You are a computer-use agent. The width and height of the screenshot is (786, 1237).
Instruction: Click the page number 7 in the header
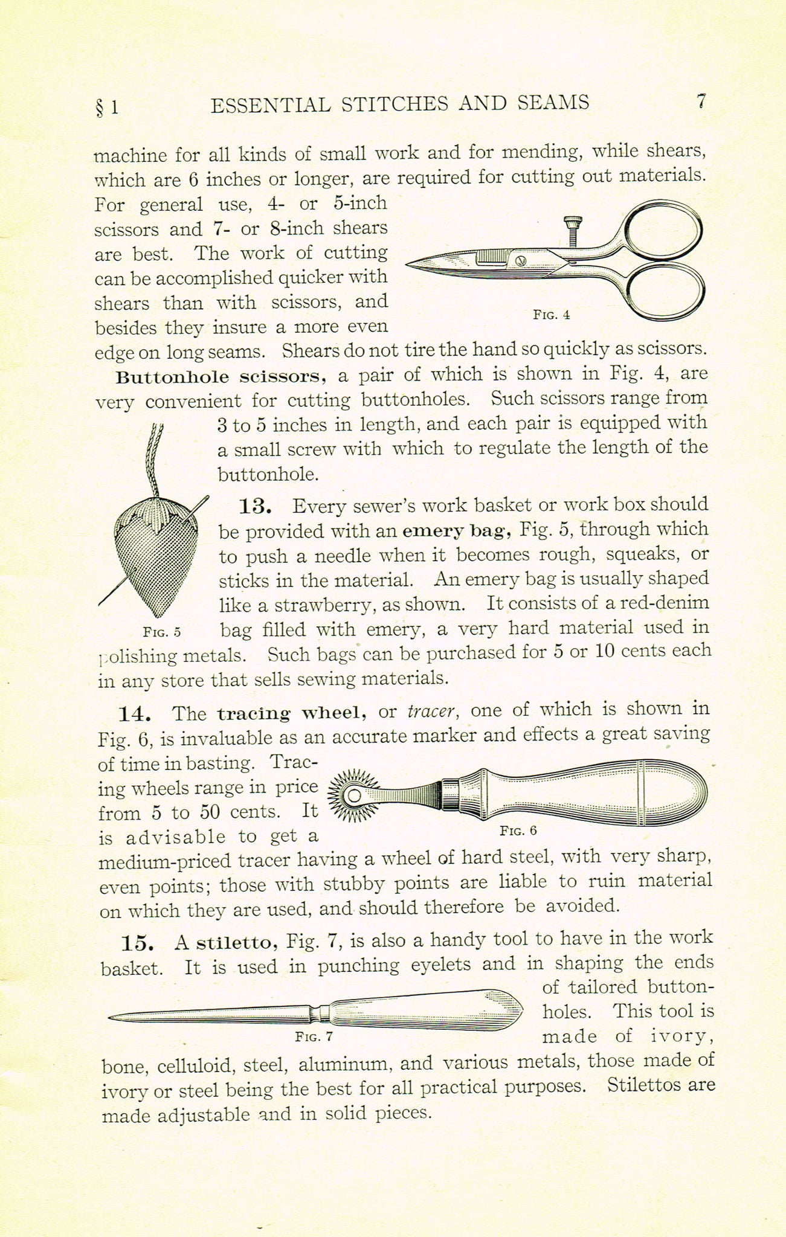[700, 101]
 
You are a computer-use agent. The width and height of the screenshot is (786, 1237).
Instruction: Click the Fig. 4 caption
[551, 315]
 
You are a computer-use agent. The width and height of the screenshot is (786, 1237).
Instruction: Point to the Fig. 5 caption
[162, 632]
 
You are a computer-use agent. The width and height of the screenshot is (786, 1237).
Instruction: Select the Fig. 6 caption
[518, 830]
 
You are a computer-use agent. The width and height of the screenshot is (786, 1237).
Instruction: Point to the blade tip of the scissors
[411, 263]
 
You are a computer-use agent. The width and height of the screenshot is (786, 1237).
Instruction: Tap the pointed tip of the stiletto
[111, 1017]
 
